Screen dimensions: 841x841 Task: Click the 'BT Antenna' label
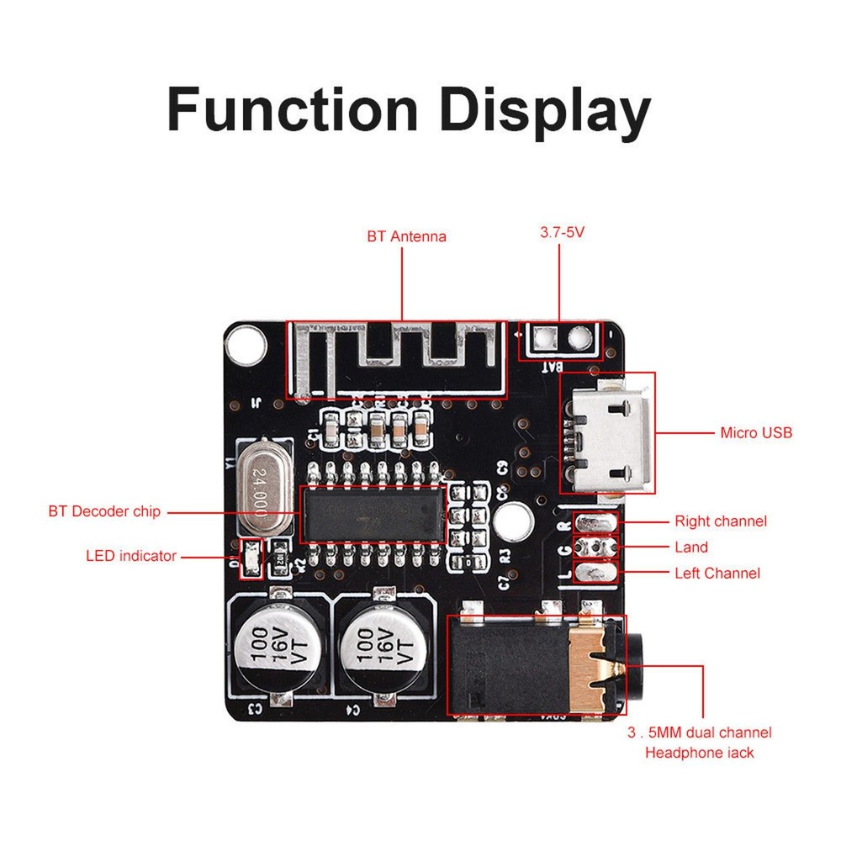tap(406, 237)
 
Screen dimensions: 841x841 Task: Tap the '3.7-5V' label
tap(562, 230)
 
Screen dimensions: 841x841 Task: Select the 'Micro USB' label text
tap(756, 433)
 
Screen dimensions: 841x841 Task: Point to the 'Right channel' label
tap(721, 521)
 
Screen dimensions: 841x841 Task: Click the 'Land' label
tap(691, 547)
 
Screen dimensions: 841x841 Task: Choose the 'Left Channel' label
tap(717, 574)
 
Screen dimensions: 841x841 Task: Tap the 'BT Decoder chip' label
tap(104, 511)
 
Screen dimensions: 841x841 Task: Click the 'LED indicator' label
tap(131, 556)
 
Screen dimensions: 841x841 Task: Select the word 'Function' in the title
tap(292, 110)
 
